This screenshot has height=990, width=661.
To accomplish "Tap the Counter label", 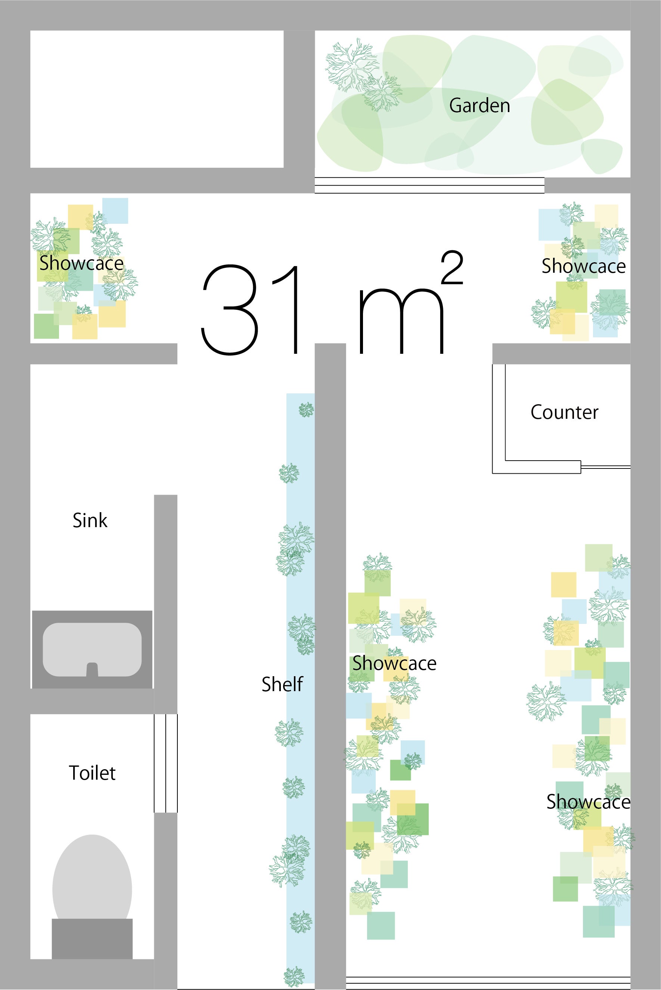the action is [x=564, y=412].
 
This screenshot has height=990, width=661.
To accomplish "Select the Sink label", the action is [x=90, y=520].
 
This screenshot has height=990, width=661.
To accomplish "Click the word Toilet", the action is [x=92, y=773].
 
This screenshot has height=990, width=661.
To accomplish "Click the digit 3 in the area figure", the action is [x=229, y=310].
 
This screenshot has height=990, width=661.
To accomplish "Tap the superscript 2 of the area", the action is [x=452, y=267].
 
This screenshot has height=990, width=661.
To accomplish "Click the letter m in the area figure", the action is [x=401, y=321].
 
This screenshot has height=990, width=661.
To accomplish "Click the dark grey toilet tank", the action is [x=92, y=938].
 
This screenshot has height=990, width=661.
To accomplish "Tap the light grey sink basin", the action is [x=92, y=650].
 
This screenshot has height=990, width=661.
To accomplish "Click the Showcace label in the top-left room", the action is [x=81, y=263].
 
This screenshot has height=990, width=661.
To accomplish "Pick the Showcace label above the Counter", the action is [x=583, y=266].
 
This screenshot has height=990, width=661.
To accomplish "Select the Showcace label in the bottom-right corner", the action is [x=589, y=802].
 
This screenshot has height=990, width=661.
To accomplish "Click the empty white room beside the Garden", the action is [x=157, y=99].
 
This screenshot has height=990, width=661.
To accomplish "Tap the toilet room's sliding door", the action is [x=166, y=763].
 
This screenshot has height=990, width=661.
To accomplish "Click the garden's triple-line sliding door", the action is [x=429, y=185].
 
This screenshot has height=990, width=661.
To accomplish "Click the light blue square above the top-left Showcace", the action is [x=115, y=211].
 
